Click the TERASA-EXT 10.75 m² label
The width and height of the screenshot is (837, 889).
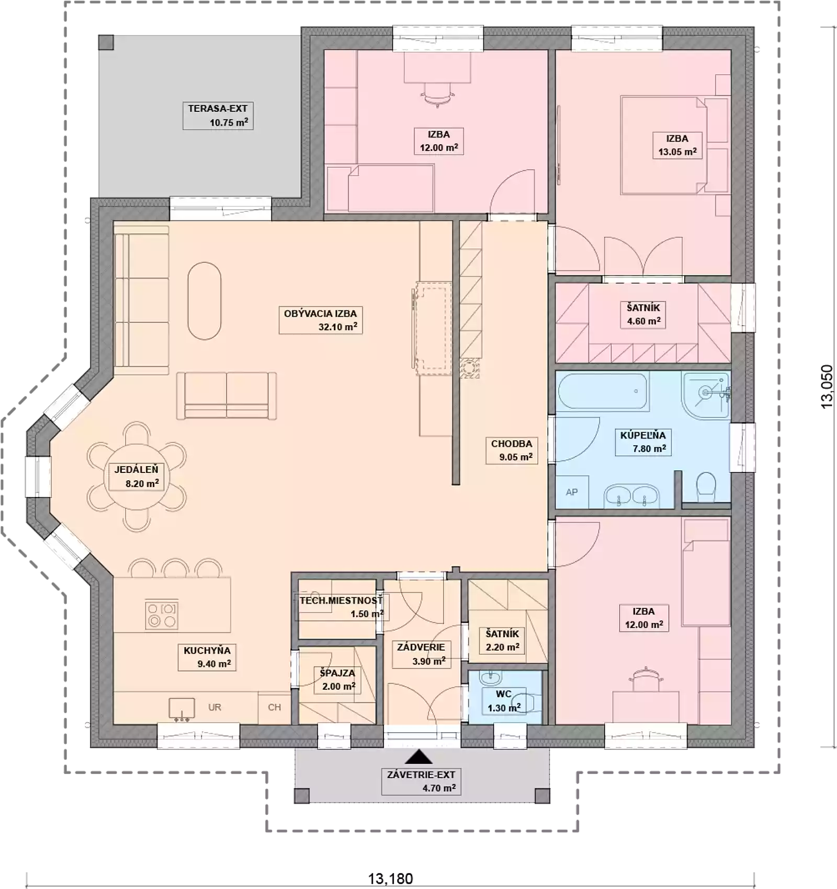pyautogui.click(x=218, y=116)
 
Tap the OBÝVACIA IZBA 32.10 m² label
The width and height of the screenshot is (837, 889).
pyautogui.click(x=321, y=320)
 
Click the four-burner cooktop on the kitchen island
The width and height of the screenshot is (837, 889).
pyautogui.click(x=162, y=615)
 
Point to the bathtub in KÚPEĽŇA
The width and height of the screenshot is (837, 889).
pyautogui.click(x=603, y=391)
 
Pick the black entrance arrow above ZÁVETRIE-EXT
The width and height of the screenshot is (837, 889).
pyautogui.click(x=418, y=757)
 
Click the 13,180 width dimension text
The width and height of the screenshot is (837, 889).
pyautogui.click(x=390, y=879)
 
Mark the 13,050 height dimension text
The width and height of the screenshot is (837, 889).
pyautogui.click(x=827, y=386)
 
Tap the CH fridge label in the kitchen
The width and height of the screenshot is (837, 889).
pyautogui.click(x=275, y=707)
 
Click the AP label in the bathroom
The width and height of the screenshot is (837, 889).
pyautogui.click(x=572, y=492)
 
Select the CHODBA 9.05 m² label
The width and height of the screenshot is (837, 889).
pyautogui.click(x=512, y=450)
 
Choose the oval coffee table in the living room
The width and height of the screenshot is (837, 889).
pyautogui.click(x=205, y=301)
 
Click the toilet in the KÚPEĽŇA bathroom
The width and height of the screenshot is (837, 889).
pyautogui.click(x=706, y=484)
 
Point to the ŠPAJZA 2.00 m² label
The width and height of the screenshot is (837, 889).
pyautogui.click(x=338, y=679)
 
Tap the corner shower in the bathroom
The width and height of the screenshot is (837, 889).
pyautogui.click(x=706, y=395)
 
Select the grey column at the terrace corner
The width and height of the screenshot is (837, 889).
pyautogui.click(x=106, y=42)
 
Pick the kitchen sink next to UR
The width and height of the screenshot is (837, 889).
pyautogui.click(x=182, y=709)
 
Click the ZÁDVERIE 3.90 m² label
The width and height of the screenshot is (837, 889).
pyautogui.click(x=421, y=654)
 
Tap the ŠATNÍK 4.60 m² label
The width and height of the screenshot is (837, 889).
pyautogui.click(x=643, y=314)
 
